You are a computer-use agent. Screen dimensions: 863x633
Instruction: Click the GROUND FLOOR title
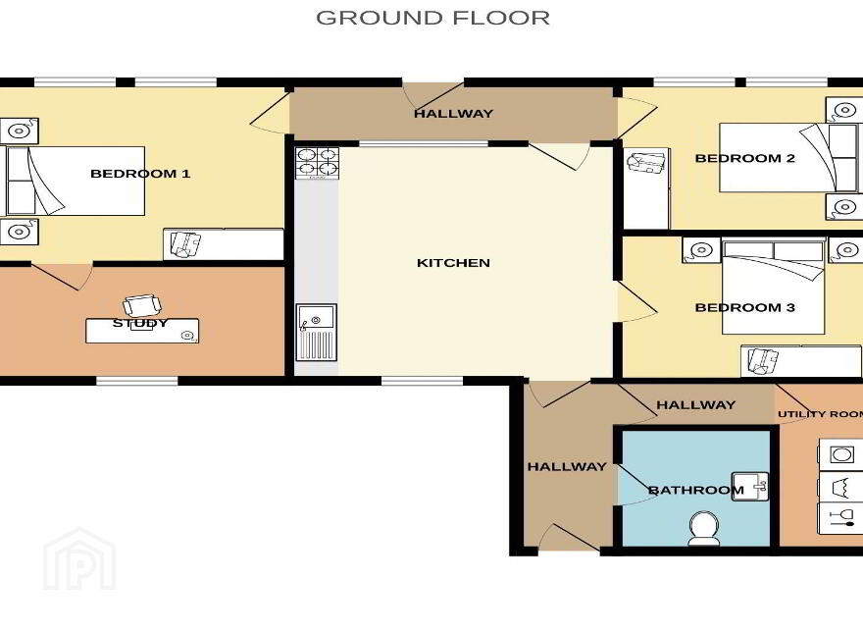(432, 18)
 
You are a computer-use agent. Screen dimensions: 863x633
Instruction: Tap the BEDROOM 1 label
(140, 174)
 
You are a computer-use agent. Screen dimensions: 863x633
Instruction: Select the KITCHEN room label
(453, 263)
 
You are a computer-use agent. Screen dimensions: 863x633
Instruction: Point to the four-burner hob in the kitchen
(317, 163)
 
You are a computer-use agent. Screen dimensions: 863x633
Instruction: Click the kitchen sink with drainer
(316, 332)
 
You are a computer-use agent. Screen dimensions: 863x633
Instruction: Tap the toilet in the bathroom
(703, 528)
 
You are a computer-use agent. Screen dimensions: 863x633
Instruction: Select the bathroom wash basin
(749, 487)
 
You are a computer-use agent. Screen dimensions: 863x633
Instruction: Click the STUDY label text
(140, 323)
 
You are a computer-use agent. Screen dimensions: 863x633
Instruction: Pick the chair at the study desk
(142, 304)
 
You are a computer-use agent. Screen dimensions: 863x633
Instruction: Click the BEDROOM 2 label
(744, 158)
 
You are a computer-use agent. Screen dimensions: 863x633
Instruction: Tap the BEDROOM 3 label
(744, 307)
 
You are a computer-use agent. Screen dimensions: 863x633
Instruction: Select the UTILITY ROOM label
(820, 414)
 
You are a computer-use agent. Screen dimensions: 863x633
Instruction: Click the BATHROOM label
(695, 490)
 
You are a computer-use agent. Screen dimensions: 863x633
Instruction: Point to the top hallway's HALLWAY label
(453, 114)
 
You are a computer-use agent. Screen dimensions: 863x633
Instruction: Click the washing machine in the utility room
(840, 454)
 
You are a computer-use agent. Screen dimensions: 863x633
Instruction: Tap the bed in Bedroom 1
(75, 181)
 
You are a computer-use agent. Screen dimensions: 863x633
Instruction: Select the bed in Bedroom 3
(774, 287)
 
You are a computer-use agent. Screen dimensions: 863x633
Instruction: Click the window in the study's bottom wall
(137, 381)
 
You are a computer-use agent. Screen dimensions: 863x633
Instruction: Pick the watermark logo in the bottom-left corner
(79, 559)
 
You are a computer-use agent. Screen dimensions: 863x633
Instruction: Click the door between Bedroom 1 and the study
(62, 277)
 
